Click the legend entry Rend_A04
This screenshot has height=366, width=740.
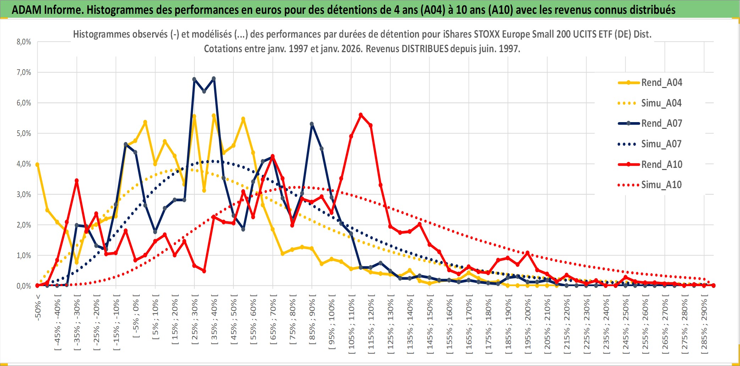click(x=661, y=83)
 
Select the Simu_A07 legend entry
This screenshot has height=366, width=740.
click(x=661, y=144)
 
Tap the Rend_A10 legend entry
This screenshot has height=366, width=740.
click(x=661, y=164)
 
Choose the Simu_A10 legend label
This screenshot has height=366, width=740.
click(x=661, y=185)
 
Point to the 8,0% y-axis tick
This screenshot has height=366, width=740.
click(x=24, y=42)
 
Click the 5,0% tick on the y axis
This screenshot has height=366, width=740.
click(x=24, y=133)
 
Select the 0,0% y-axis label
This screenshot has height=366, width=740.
click(x=24, y=286)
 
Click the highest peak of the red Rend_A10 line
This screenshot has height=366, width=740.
click(x=361, y=115)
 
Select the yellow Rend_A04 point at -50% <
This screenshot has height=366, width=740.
click(x=37, y=164)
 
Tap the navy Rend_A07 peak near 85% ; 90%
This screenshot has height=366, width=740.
click(x=312, y=124)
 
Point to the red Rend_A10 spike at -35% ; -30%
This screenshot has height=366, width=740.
click(x=77, y=181)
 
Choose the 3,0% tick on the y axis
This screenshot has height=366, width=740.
click(x=24, y=195)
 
